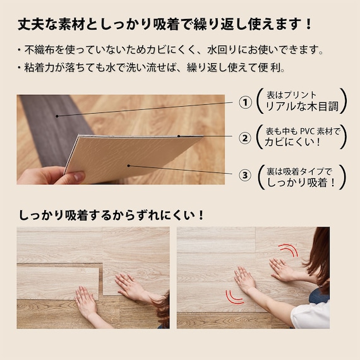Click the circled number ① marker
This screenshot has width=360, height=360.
pos(245,102)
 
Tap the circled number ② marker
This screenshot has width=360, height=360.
pos(245,138)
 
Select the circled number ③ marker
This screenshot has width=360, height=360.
pos(245,176)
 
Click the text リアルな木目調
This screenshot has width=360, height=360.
pos(302,107)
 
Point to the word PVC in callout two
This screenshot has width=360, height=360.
pos(307,131)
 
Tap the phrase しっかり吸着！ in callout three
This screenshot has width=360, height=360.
pos(301,183)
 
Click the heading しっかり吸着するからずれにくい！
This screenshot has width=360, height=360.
pos(111,215)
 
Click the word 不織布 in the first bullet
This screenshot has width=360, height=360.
pos(40,50)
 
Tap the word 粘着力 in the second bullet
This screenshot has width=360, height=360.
pos(39,68)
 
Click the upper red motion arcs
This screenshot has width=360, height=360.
pos(289,250)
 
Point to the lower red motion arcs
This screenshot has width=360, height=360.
pos(234,297)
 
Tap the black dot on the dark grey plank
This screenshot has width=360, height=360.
pos(57,116)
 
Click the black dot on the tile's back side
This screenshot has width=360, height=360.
pos(129,165)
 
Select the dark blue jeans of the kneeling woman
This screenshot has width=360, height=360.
pos(319,296)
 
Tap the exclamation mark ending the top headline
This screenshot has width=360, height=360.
pos(308,25)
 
